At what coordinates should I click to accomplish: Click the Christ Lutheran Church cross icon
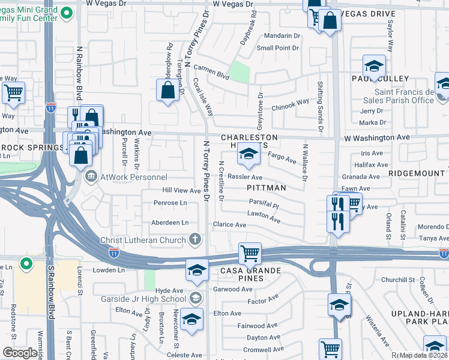194,240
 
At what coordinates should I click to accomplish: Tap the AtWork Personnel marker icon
91,177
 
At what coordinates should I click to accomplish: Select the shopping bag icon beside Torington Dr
169,91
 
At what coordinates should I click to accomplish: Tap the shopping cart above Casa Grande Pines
249,253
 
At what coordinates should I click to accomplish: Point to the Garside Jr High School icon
194,298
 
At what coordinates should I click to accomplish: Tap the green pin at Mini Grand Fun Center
68,13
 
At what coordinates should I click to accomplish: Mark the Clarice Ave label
229,225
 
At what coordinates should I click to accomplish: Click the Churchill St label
398,280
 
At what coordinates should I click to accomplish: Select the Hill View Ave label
182,190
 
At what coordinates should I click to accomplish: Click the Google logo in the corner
20,353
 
